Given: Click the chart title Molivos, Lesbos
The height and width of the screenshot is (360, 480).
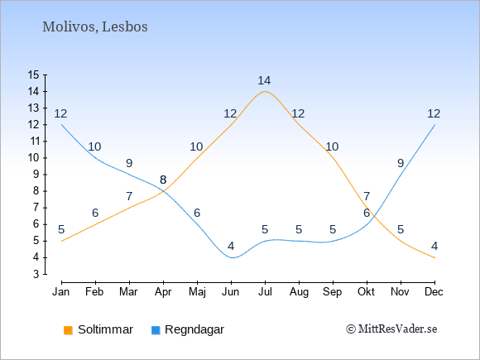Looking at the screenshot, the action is click(x=95, y=27).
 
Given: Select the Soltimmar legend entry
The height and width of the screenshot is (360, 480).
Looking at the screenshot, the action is click(x=98, y=329).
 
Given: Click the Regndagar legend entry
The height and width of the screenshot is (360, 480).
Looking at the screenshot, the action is click(x=188, y=329).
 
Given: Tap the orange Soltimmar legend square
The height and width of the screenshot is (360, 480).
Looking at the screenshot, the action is click(x=68, y=330).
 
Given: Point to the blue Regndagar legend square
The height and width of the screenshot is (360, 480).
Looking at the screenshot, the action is click(x=156, y=330).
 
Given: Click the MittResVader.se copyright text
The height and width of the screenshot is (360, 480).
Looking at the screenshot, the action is click(x=391, y=329).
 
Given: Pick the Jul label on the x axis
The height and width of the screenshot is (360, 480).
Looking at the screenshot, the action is click(x=265, y=292).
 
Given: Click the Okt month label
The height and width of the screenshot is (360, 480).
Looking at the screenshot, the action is click(x=366, y=292).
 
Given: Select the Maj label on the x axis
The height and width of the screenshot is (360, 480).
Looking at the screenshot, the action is click(x=197, y=292).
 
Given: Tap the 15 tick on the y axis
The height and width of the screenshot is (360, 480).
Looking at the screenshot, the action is click(x=33, y=74).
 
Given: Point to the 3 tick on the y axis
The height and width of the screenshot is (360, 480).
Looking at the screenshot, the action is click(x=36, y=274).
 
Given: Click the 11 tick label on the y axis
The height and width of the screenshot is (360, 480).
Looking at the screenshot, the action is click(x=33, y=142).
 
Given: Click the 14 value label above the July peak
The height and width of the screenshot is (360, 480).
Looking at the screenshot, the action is click(x=264, y=80).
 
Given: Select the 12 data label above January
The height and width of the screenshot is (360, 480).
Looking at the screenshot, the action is click(x=60, y=114).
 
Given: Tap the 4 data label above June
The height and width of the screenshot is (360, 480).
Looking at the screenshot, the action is click(x=231, y=246).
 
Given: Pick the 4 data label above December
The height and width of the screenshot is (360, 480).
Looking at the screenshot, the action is click(x=434, y=246).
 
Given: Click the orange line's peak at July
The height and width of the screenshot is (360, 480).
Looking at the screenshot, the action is click(x=265, y=91).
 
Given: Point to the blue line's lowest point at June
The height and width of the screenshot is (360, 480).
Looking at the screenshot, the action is click(x=232, y=257).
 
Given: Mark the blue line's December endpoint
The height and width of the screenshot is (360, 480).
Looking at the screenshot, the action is click(x=434, y=125).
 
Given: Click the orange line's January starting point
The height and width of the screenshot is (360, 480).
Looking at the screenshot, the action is click(x=62, y=241).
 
